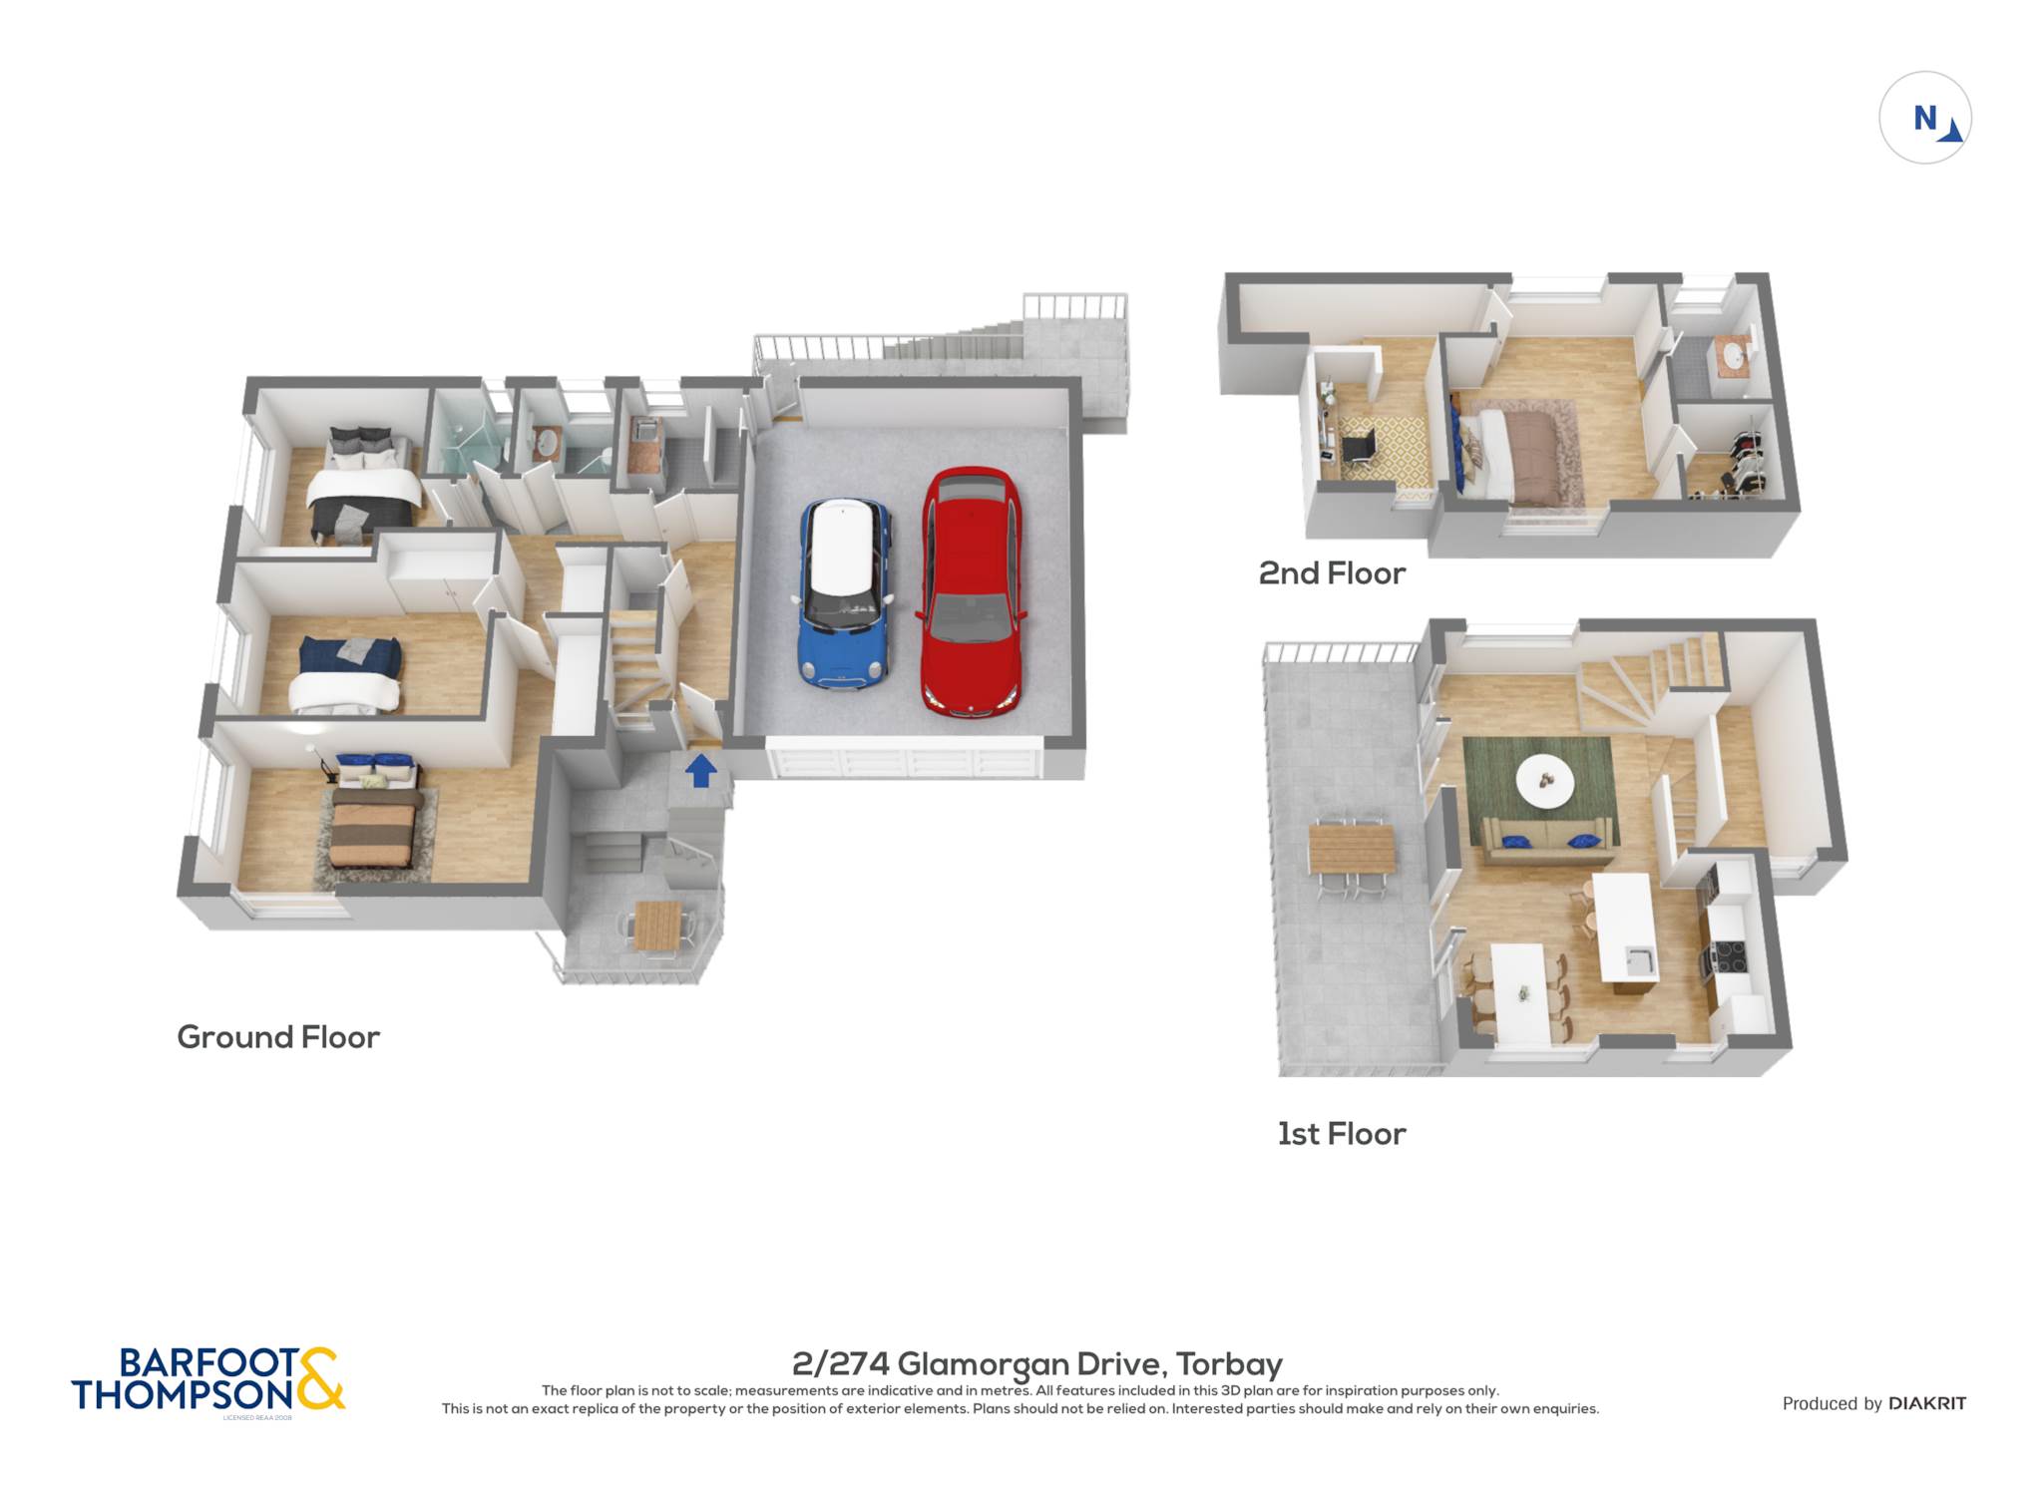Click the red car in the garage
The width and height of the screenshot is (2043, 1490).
971,590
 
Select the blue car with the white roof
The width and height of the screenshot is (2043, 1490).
843,593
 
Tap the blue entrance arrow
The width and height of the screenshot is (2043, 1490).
701,770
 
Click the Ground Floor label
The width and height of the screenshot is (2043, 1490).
278,1037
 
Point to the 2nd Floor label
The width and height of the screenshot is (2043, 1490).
1332,573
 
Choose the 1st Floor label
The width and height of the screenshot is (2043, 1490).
1342,1134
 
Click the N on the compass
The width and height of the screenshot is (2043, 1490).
1924,118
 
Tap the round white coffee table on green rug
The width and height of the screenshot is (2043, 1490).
1545,780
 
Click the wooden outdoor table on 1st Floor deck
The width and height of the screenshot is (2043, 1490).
1352,848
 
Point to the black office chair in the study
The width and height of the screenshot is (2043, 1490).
1358,446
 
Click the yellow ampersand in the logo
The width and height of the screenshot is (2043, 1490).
320,1378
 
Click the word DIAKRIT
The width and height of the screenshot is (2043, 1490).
1927,1403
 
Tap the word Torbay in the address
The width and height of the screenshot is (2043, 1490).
1229,1363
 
